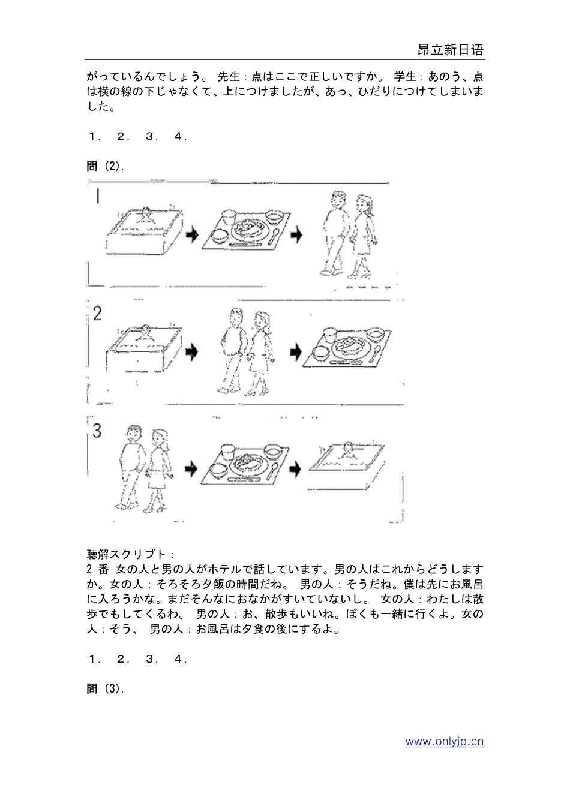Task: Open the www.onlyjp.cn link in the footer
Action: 444,742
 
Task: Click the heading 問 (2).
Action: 106,166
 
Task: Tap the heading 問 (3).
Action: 106,688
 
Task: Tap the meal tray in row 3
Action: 246,465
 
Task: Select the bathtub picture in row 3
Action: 347,459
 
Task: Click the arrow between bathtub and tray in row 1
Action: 192,235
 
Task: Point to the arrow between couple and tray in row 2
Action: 295,352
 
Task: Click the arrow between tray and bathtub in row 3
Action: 295,468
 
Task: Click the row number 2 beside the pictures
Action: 97,314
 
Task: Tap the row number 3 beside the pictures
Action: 97,431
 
